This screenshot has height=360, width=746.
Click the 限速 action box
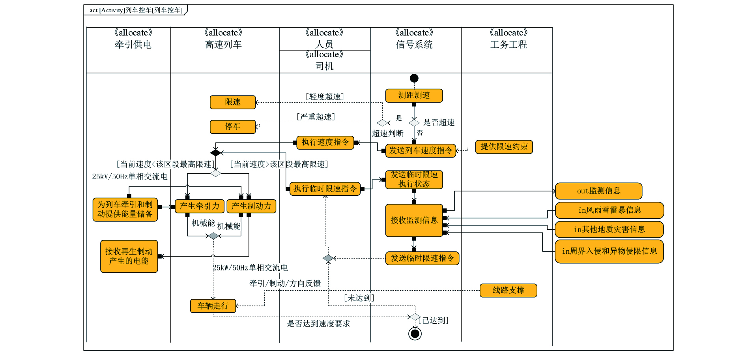click(x=233, y=102)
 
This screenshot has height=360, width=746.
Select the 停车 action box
click(x=233, y=127)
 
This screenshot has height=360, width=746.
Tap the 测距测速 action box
click(x=414, y=96)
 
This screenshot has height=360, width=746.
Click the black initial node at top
click(x=414, y=78)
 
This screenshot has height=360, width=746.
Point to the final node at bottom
click(x=415, y=334)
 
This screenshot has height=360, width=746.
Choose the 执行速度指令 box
click(x=325, y=142)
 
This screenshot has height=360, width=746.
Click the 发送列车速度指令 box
click(x=421, y=150)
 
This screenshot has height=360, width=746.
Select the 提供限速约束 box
click(x=504, y=147)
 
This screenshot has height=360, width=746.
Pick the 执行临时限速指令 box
click(x=325, y=189)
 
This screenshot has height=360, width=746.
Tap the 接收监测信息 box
click(x=414, y=220)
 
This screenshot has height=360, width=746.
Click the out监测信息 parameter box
click(x=598, y=191)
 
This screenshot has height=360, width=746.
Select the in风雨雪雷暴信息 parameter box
click(x=610, y=210)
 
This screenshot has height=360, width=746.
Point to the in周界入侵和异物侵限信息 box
click(x=609, y=251)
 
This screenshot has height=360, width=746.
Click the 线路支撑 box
click(x=508, y=291)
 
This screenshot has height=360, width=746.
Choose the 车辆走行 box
click(x=213, y=306)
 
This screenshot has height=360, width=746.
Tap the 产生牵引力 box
click(x=200, y=206)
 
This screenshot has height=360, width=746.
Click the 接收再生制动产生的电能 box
click(x=129, y=256)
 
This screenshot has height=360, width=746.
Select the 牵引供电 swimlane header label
click(x=133, y=45)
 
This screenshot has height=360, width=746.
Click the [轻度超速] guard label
click(x=325, y=97)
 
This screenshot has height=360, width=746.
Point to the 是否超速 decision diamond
click(x=414, y=123)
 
